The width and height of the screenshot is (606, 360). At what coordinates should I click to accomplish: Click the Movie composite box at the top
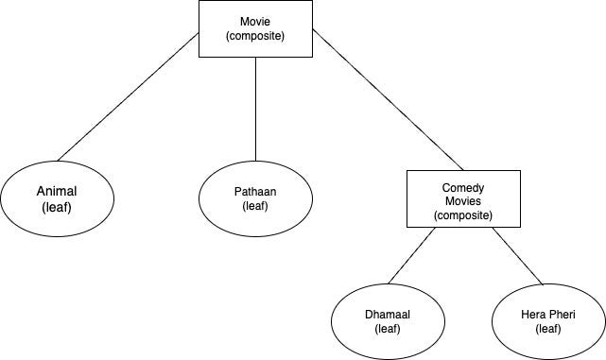(255, 28)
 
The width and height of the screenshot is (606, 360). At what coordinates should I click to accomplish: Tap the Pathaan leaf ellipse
(255, 198)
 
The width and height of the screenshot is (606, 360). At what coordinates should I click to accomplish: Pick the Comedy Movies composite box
(463, 198)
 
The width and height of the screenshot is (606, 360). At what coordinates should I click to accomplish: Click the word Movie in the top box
(255, 21)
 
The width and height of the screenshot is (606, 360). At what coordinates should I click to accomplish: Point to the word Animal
(57, 191)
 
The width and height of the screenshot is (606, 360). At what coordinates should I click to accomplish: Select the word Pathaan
(255, 191)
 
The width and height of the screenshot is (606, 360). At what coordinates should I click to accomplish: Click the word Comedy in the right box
(463, 188)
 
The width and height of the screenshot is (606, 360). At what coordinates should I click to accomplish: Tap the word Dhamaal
(388, 314)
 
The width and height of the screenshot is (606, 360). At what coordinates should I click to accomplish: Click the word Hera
(533, 314)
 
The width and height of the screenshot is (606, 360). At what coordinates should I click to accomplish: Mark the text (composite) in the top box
(255, 36)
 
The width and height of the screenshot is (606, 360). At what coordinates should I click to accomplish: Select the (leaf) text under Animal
(57, 207)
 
